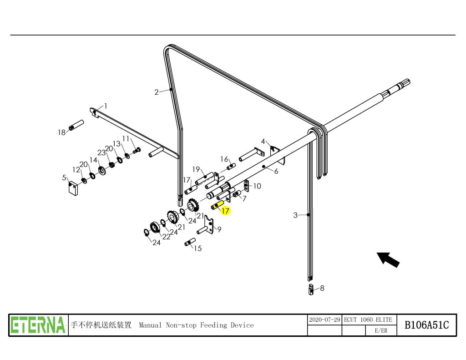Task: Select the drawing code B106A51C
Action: [x=426, y=325]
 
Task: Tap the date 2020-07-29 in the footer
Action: [x=324, y=320]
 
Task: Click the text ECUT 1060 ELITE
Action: [x=368, y=320]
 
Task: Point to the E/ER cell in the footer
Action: [x=381, y=331]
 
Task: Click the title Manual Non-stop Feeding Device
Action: [x=196, y=325]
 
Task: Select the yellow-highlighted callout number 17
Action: [x=225, y=211]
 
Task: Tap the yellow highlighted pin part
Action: [x=216, y=206]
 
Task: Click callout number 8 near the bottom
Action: [x=322, y=288]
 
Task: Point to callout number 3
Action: [x=295, y=215]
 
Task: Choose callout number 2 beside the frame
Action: [x=157, y=92]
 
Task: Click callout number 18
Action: [x=61, y=133]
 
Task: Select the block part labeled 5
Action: [x=73, y=188]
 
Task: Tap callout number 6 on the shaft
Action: [x=276, y=171]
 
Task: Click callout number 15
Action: [x=198, y=248]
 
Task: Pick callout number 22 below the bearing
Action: [x=166, y=237]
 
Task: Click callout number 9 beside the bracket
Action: [x=219, y=230]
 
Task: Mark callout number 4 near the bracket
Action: [x=263, y=142]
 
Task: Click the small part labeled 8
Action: [x=312, y=289]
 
